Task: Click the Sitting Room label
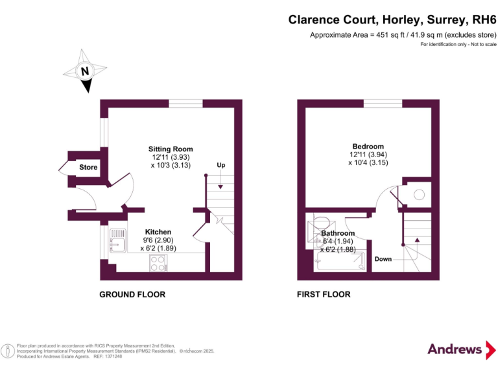point(171,149)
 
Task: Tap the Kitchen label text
point(158,232)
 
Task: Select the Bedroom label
point(368,146)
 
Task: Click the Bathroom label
point(338,233)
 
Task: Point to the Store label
point(88,168)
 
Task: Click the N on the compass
point(84,71)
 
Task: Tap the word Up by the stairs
point(220,166)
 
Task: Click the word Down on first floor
point(383,259)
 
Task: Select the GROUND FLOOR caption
point(132,294)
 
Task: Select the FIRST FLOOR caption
point(323,294)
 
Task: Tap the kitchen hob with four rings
point(157,262)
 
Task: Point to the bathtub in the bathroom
point(338,263)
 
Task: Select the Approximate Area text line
point(403,35)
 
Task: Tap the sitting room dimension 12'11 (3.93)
point(171,157)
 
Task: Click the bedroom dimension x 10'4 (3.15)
point(368,163)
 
